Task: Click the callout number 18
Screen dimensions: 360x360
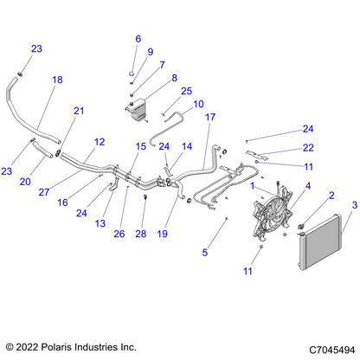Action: (x=57, y=80)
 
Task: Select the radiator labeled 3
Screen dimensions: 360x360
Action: (x=320, y=241)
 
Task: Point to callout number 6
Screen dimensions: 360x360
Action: (x=138, y=39)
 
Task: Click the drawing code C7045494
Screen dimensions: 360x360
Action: (x=332, y=350)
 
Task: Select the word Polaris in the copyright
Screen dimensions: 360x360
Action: (x=56, y=347)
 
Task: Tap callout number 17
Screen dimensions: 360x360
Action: (x=210, y=117)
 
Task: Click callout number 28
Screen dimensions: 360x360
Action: (x=141, y=234)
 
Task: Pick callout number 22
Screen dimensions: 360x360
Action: (x=308, y=148)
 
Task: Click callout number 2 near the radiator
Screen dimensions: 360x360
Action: (x=331, y=196)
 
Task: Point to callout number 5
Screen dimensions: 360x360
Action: (x=205, y=253)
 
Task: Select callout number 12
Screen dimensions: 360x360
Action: (x=100, y=142)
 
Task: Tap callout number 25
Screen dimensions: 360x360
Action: (x=186, y=91)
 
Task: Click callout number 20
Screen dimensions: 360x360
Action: (x=25, y=182)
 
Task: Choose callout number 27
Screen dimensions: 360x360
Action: (x=44, y=192)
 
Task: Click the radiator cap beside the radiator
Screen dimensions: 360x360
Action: (x=301, y=226)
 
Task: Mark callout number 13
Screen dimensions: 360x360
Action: (x=100, y=223)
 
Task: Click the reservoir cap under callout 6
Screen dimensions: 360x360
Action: (x=132, y=74)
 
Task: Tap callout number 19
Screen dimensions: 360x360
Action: (x=163, y=234)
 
